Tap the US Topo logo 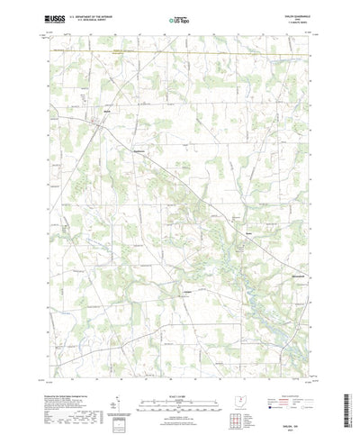[180, 18]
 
